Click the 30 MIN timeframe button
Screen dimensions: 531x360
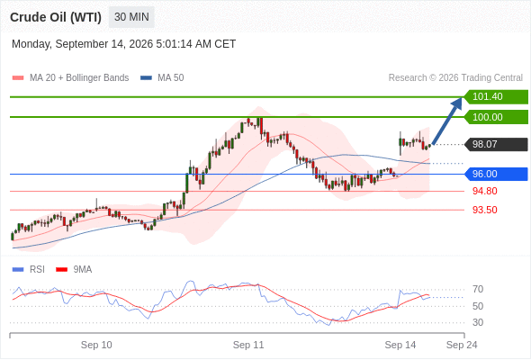131,17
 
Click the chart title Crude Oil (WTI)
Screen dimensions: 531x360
56,17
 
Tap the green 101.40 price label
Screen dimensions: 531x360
496,96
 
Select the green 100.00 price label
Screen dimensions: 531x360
496,117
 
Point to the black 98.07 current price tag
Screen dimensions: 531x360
496,144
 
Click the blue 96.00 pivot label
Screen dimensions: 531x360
496,174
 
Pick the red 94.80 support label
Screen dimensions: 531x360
484,191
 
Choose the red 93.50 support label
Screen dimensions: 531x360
484,210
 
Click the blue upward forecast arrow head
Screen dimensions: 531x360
457,103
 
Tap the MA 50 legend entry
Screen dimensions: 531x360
162,78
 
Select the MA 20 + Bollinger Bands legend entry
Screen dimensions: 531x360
70,78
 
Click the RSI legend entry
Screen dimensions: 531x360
29,270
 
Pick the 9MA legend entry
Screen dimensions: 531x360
74,270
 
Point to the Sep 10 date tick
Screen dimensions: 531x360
96,345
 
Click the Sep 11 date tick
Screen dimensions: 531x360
248,345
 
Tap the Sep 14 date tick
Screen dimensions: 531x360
400,345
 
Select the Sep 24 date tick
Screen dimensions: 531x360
462,345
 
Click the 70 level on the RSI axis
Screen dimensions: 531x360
478,289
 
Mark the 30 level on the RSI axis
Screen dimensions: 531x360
478,322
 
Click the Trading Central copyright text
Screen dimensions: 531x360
455,78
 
